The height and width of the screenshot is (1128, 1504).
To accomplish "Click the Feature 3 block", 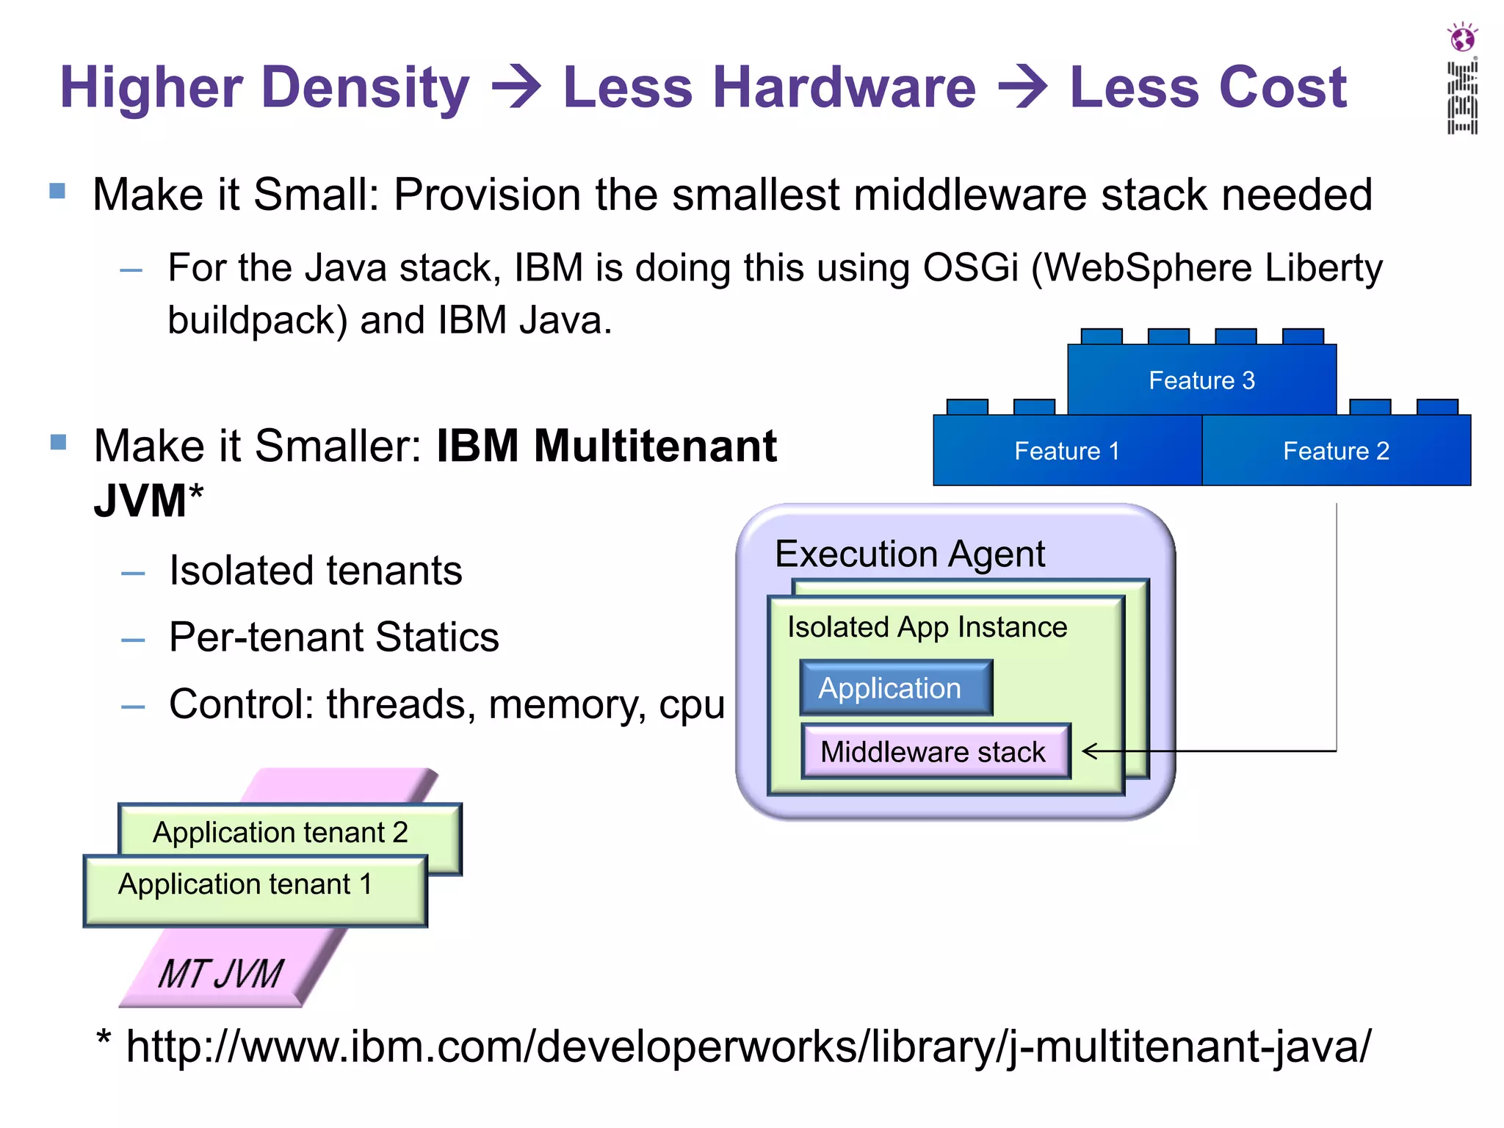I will pyautogui.click(x=1201, y=380).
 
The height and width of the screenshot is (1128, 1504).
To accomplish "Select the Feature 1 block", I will pyautogui.click(x=1067, y=451).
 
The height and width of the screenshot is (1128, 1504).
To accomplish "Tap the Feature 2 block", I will pyautogui.click(x=1336, y=451).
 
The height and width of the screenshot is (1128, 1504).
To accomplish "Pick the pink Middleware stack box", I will pyautogui.click(x=935, y=752).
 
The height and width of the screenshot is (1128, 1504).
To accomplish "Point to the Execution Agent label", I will pyautogui.click(x=909, y=554).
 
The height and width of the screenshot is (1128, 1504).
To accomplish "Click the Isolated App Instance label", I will pyautogui.click(x=927, y=627).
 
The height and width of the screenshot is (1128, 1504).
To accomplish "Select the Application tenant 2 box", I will pyautogui.click(x=281, y=832).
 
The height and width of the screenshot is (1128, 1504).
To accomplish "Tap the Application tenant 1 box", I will pyautogui.click(x=246, y=884).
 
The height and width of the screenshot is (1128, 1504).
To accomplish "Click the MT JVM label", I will pyautogui.click(x=220, y=974).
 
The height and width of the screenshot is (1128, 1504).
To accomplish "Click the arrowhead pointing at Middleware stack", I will pyautogui.click(x=1090, y=751).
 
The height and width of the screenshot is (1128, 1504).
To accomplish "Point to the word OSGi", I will pyautogui.click(x=970, y=267).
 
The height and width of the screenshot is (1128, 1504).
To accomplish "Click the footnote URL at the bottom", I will pyautogui.click(x=748, y=1046).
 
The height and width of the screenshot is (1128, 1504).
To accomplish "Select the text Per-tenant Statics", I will pyautogui.click(x=333, y=637).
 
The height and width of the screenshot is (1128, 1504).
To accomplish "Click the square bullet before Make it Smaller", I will pyautogui.click(x=58, y=442).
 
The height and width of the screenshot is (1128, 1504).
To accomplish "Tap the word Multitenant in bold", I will pyautogui.click(x=654, y=446).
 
